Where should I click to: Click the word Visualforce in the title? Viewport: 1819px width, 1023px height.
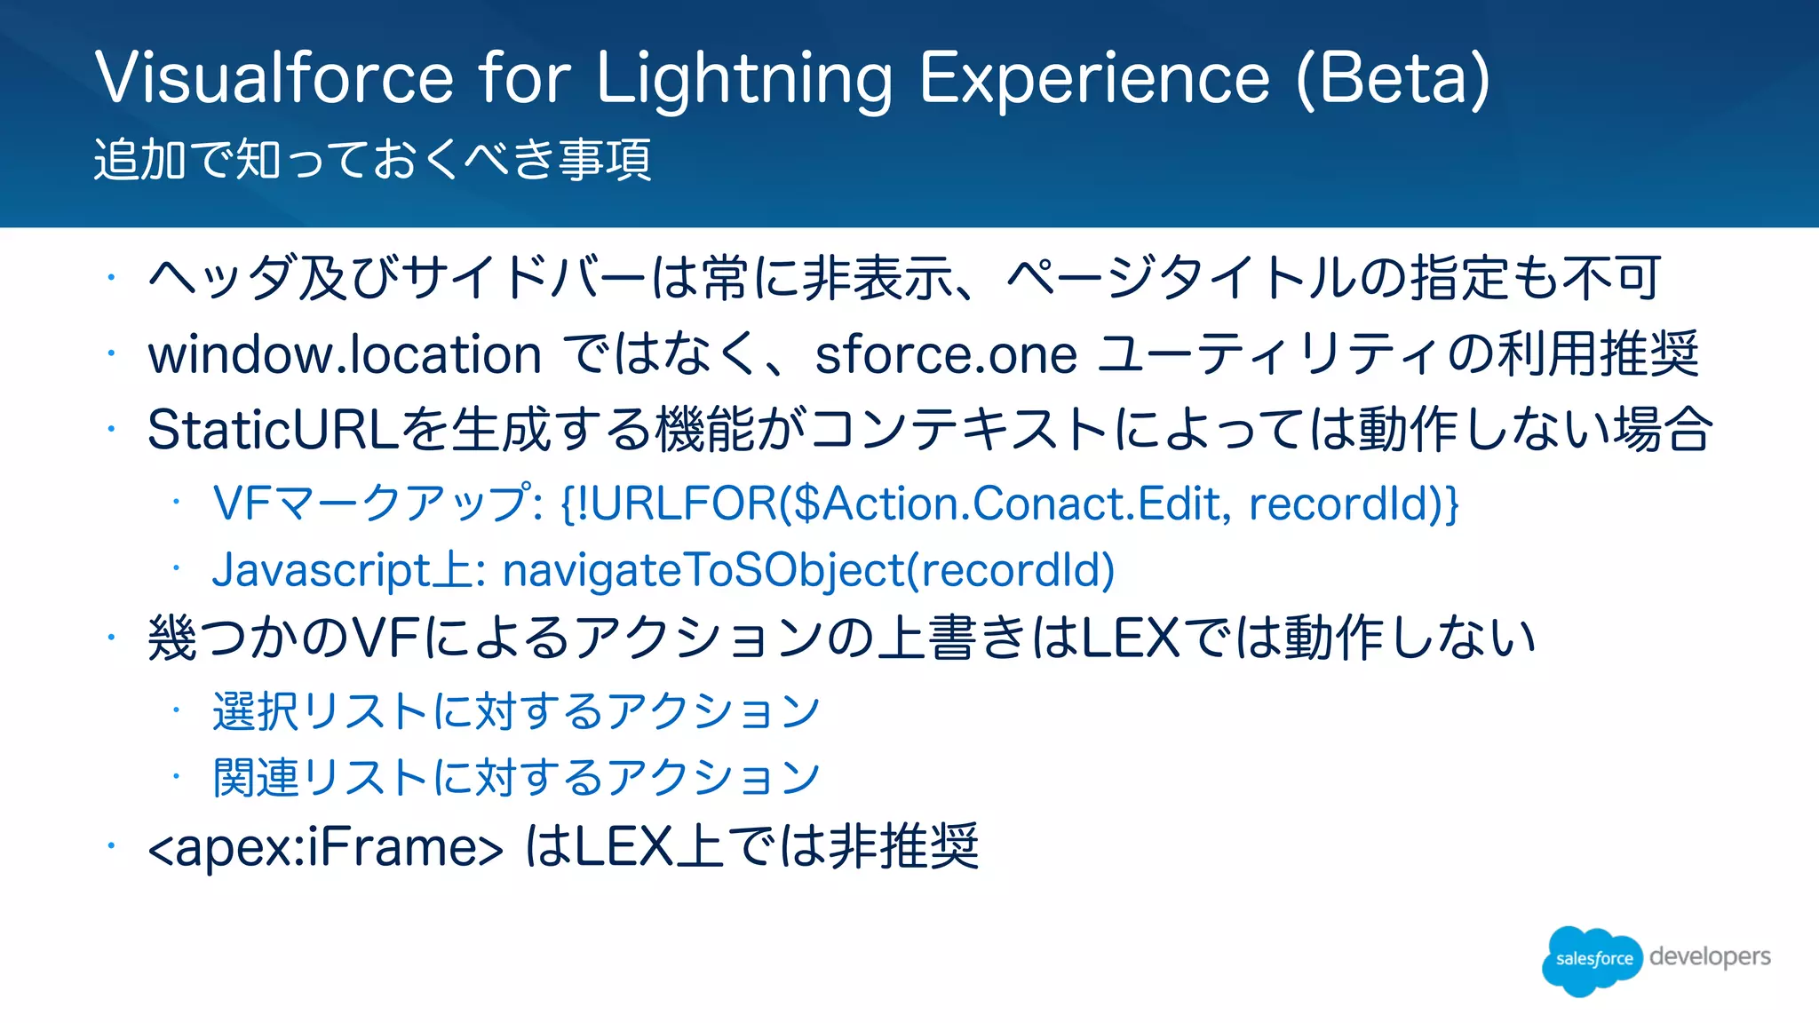(x=274, y=78)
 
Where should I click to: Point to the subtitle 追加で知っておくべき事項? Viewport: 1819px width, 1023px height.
(x=373, y=160)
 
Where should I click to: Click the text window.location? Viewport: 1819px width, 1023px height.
(x=345, y=355)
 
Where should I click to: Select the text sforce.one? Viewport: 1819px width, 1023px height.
(x=946, y=355)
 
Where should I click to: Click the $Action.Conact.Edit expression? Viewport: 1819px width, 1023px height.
(x=1006, y=504)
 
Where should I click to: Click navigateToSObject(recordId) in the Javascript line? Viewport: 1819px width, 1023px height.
(x=808, y=570)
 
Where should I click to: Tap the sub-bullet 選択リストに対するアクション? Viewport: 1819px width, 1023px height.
(x=516, y=711)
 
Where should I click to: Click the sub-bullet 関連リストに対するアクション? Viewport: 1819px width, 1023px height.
(x=516, y=778)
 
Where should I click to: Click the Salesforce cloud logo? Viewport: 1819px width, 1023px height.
(x=1593, y=959)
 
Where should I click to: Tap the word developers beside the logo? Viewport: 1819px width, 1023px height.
(x=1710, y=956)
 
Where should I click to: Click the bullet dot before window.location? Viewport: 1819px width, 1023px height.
(x=111, y=354)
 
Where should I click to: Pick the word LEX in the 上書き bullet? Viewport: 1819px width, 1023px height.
(x=1131, y=638)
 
